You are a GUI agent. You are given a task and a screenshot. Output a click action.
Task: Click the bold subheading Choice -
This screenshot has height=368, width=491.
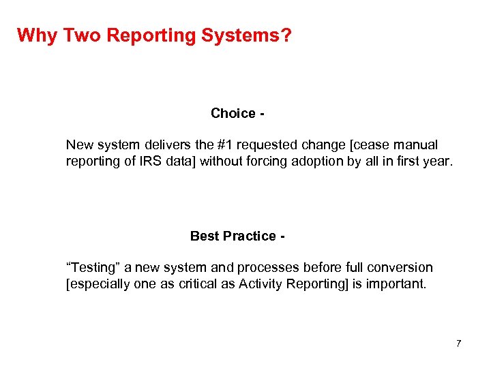point(237,113)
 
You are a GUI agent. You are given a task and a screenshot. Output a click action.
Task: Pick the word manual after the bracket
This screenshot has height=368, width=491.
point(415,145)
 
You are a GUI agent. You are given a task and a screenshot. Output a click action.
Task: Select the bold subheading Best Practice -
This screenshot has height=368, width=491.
point(237,236)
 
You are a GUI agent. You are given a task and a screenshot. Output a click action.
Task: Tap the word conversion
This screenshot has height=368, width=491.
point(400,267)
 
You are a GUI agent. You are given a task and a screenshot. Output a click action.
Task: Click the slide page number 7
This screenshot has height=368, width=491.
point(459,343)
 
